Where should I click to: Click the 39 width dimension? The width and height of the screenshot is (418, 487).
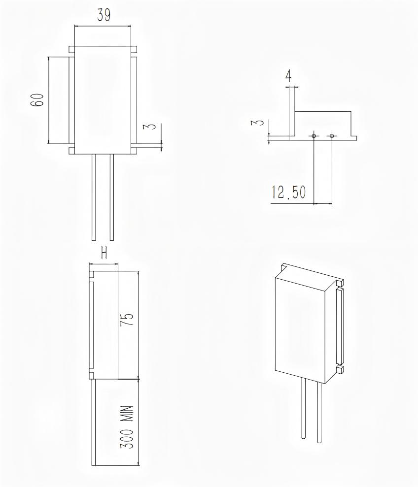(x=103, y=15)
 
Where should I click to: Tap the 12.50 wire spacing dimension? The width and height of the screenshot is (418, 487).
(x=288, y=193)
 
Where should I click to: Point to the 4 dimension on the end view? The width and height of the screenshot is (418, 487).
(x=288, y=76)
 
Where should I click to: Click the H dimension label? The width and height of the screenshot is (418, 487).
(x=104, y=253)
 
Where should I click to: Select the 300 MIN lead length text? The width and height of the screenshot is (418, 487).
(x=127, y=426)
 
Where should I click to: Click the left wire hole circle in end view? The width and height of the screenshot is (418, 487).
(x=313, y=135)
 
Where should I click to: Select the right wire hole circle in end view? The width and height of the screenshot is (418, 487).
(x=332, y=135)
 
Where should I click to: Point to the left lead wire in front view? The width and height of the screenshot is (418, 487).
(x=94, y=197)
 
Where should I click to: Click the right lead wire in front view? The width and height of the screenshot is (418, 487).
(x=112, y=197)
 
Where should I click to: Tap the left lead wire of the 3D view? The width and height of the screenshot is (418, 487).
(x=303, y=409)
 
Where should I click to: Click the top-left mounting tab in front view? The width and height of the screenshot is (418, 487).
(x=71, y=49)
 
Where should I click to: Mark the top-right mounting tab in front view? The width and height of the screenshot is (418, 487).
(x=133, y=49)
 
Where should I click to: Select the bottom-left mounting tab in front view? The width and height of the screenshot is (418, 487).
(x=71, y=150)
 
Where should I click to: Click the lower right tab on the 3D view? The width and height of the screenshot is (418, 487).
(x=339, y=369)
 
